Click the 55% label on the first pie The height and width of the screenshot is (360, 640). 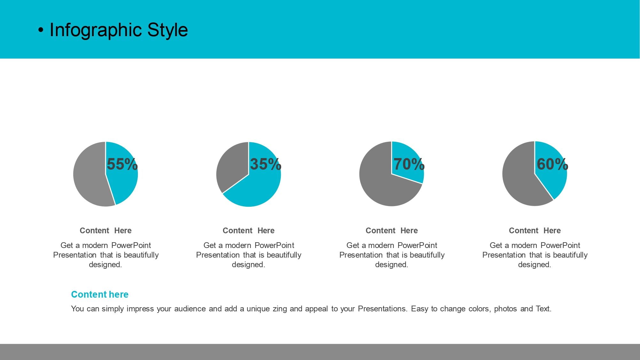pyautogui.click(x=122, y=164)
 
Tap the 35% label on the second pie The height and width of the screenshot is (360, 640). pyautogui.click(x=265, y=164)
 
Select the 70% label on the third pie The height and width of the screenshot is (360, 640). pyautogui.click(x=409, y=164)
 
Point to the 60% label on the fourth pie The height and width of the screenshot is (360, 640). pyautogui.click(x=552, y=164)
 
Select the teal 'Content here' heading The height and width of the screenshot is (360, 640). pyautogui.click(x=100, y=294)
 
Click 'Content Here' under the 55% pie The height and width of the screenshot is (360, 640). pyautogui.click(x=106, y=231)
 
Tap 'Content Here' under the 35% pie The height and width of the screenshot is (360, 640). pyautogui.click(x=249, y=231)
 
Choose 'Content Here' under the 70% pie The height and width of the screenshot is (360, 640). pyautogui.click(x=392, y=231)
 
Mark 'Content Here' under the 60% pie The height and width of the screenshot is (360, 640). pyautogui.click(x=535, y=231)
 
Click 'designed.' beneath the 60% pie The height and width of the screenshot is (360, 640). pyautogui.click(x=535, y=265)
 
